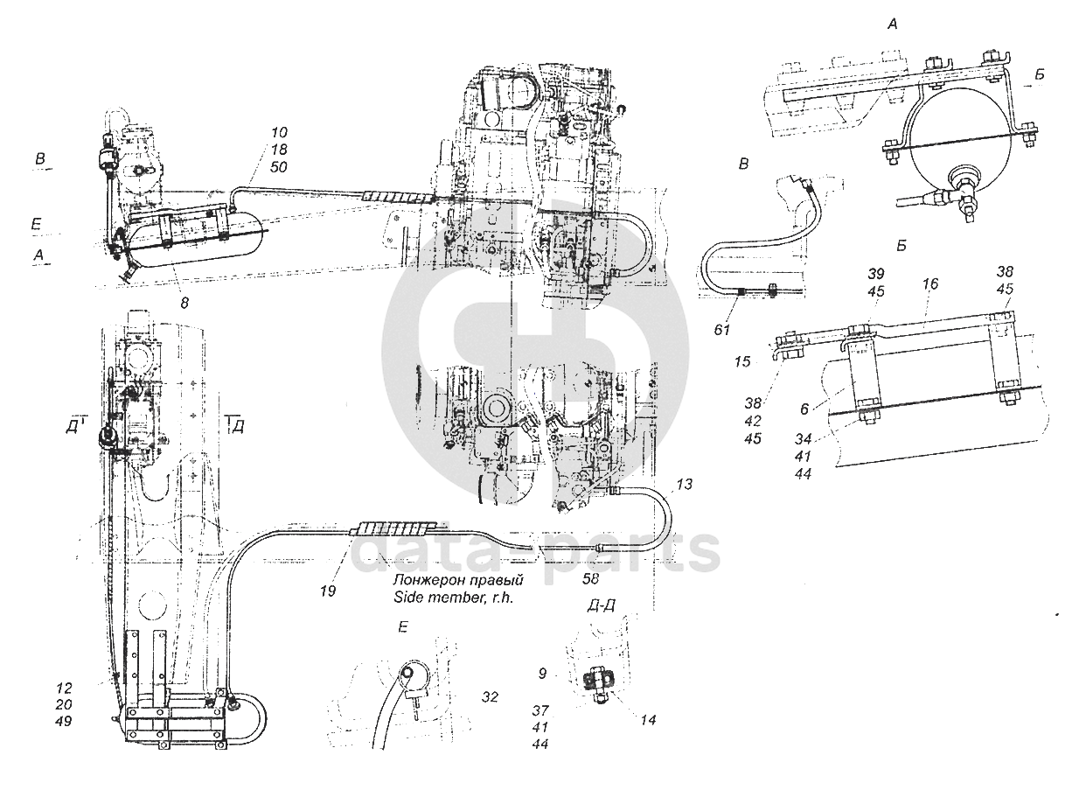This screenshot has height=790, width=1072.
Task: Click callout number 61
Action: pos(722,330)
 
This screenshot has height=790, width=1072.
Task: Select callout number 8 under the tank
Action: pos(184,303)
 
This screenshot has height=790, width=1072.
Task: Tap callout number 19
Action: pos(328,591)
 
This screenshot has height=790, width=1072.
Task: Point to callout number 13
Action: pos(685,484)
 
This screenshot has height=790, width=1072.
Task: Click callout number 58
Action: pos(590,579)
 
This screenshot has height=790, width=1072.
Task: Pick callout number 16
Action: pos(931,284)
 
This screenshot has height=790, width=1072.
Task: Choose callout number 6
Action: pos(804,409)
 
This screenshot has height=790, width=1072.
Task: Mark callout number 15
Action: pos(742,361)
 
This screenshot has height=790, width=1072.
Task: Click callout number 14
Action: pos(649,720)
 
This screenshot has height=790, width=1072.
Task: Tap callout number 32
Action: pos(490,696)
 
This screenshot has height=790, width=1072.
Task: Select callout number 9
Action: pos(542,674)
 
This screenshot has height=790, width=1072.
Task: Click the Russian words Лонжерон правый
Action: pos(458,580)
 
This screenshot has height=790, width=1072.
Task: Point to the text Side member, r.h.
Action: pos(453,598)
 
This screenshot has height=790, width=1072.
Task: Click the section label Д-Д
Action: pos(601,606)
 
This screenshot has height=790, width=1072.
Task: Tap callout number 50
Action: pos(279,167)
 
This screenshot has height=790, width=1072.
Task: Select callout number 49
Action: pos(64,721)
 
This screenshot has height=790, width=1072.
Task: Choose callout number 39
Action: pos(876,274)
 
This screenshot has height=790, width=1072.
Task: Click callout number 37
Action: pos(539,710)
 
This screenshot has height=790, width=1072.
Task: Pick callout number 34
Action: pos(803,438)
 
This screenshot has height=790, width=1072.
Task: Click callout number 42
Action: pos(753,421)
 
